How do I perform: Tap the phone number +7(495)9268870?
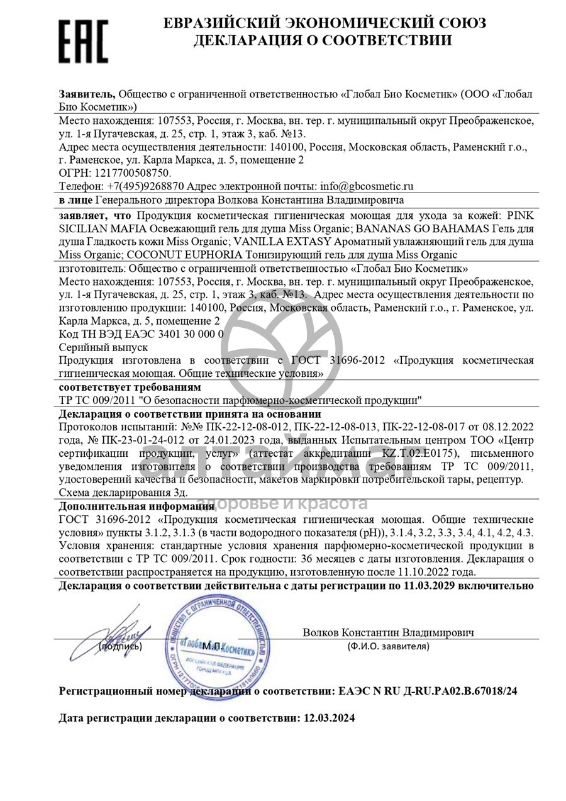[x=145, y=186]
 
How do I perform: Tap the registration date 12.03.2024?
[x=329, y=718]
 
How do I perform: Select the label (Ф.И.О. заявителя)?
[x=388, y=646]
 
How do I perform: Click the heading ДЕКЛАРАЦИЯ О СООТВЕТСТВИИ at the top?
[x=323, y=41]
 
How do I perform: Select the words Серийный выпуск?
[x=103, y=347]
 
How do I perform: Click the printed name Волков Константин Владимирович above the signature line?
[x=388, y=632]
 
